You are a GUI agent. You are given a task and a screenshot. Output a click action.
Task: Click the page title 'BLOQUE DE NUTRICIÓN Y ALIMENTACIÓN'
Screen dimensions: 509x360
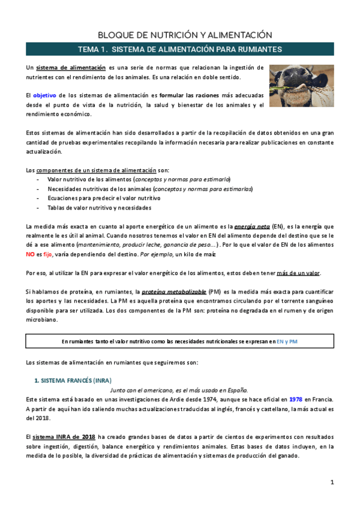click(x=181, y=35)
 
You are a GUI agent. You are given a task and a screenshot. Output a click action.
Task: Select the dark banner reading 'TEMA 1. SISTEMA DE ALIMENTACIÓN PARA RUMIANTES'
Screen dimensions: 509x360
click(x=181, y=49)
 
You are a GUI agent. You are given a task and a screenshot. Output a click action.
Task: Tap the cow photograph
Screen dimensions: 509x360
click(x=302, y=86)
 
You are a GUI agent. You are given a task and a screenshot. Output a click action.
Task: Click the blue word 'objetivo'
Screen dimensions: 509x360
click(x=44, y=95)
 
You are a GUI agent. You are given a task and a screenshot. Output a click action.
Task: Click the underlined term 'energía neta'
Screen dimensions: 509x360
click(x=251, y=227)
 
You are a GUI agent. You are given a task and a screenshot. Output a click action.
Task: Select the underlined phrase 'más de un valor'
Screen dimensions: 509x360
click(x=298, y=274)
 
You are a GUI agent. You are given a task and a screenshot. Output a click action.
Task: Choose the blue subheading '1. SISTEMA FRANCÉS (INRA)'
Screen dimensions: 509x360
click(x=72, y=381)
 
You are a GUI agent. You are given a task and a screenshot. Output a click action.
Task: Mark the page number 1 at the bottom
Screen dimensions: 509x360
click(x=331, y=483)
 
